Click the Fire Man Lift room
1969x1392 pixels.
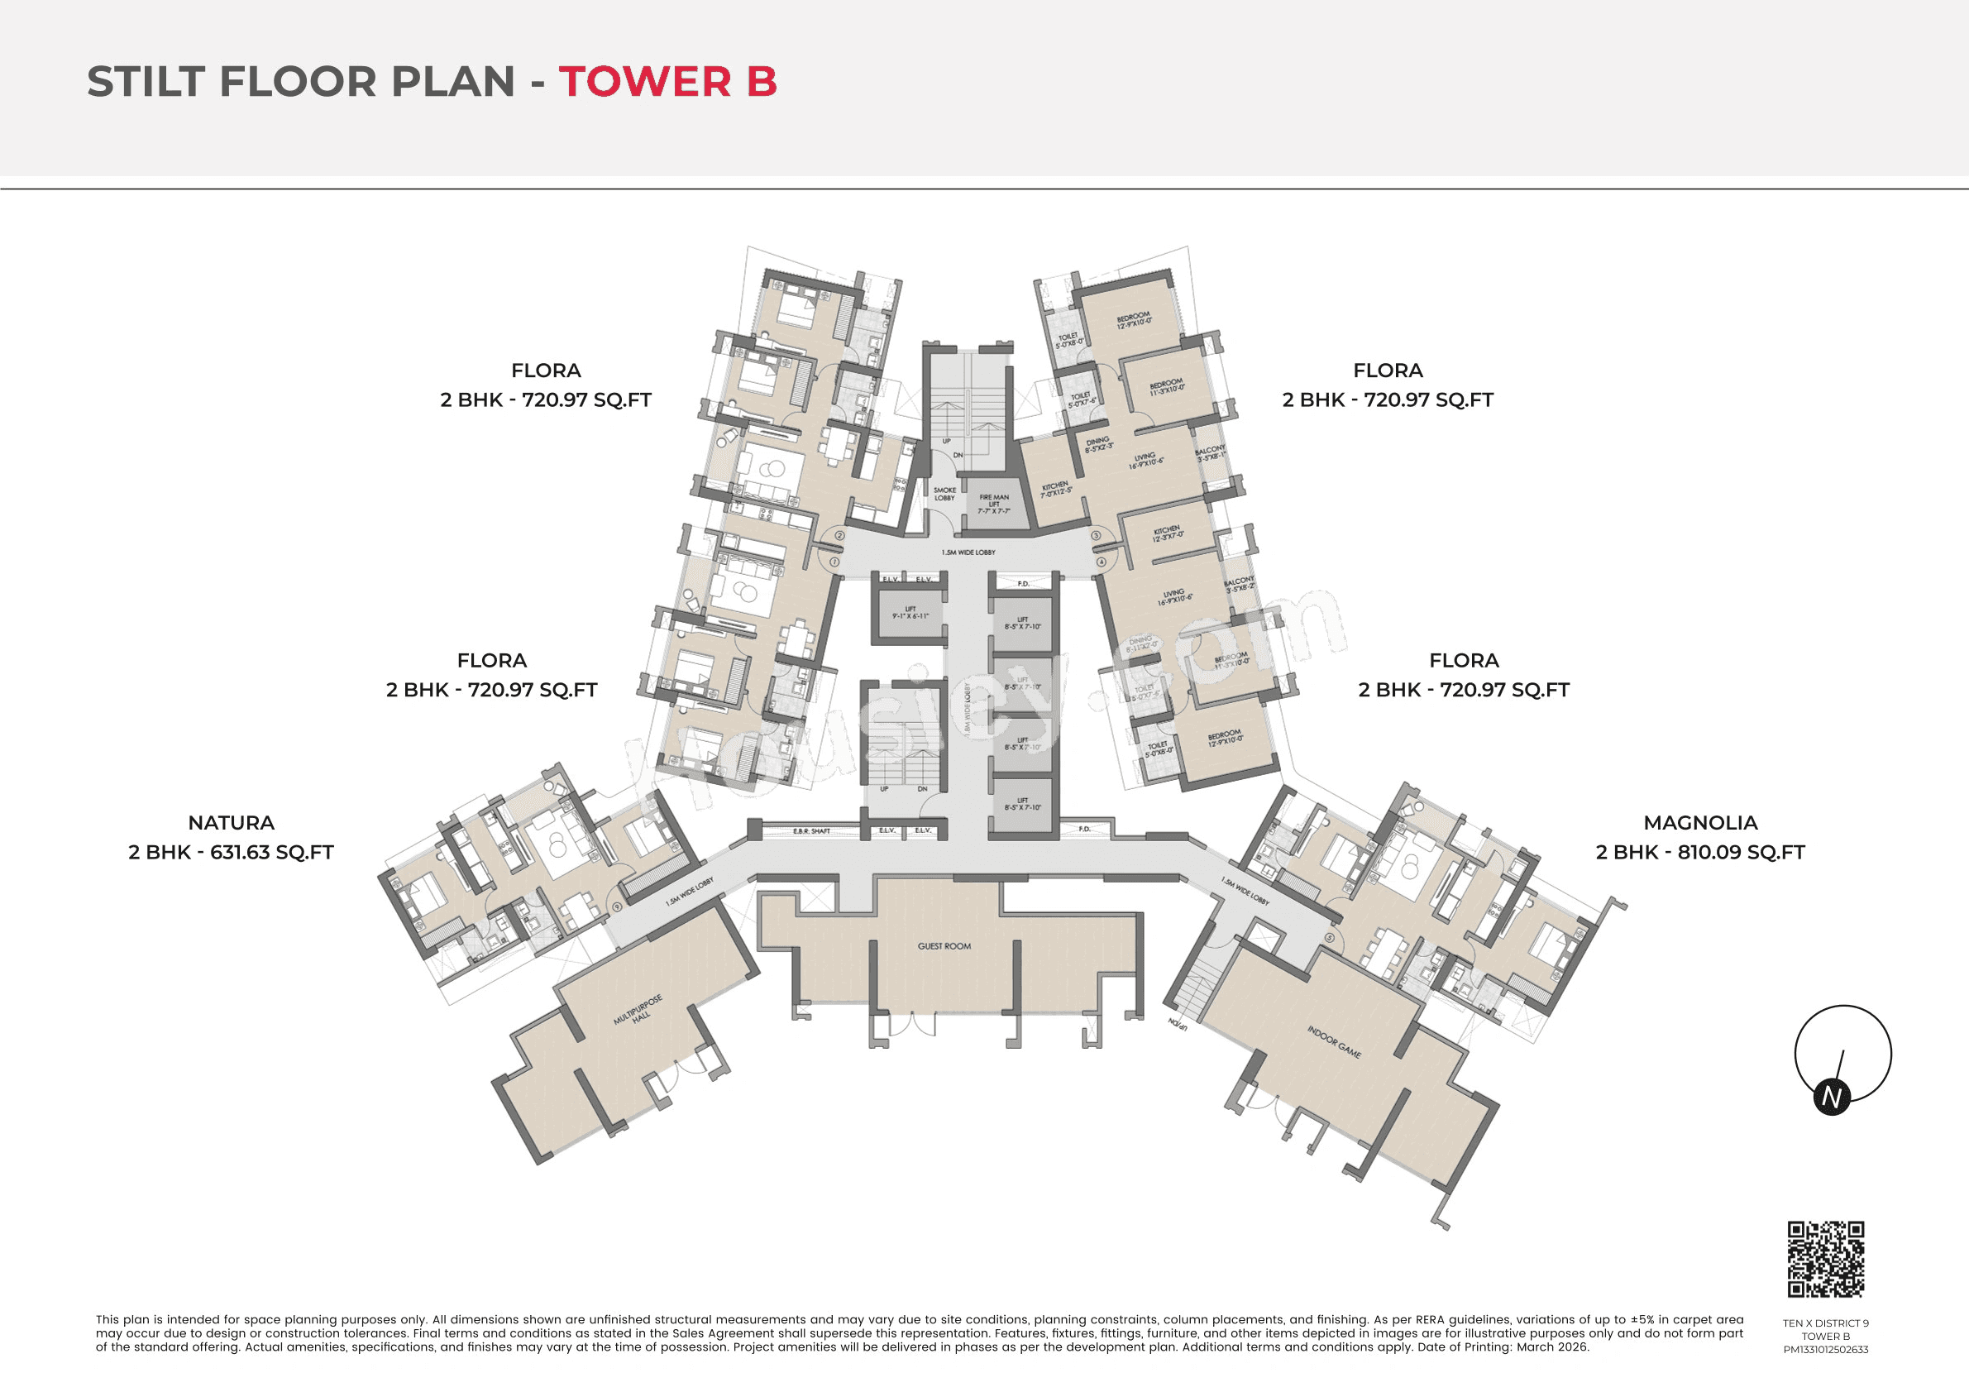[994, 505]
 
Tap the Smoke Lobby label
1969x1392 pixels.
[944, 494]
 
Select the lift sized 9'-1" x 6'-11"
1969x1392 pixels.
[910, 612]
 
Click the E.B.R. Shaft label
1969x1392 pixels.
[810, 831]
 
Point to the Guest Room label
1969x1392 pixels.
[944, 946]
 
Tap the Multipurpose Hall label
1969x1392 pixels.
[639, 1011]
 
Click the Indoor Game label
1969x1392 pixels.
[1334, 1041]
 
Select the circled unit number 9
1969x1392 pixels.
[617, 906]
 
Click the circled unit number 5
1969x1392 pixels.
[1330, 937]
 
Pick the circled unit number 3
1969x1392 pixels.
[1096, 536]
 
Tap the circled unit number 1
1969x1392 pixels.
[834, 562]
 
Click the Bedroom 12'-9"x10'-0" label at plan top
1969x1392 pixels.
[1134, 321]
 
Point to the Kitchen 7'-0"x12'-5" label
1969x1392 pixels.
[1056, 490]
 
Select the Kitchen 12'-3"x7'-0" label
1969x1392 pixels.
[1167, 532]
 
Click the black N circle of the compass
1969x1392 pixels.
[1832, 1098]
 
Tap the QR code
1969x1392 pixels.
[1826, 1259]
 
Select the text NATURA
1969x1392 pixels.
[231, 822]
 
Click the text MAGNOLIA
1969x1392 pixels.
[1699, 822]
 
